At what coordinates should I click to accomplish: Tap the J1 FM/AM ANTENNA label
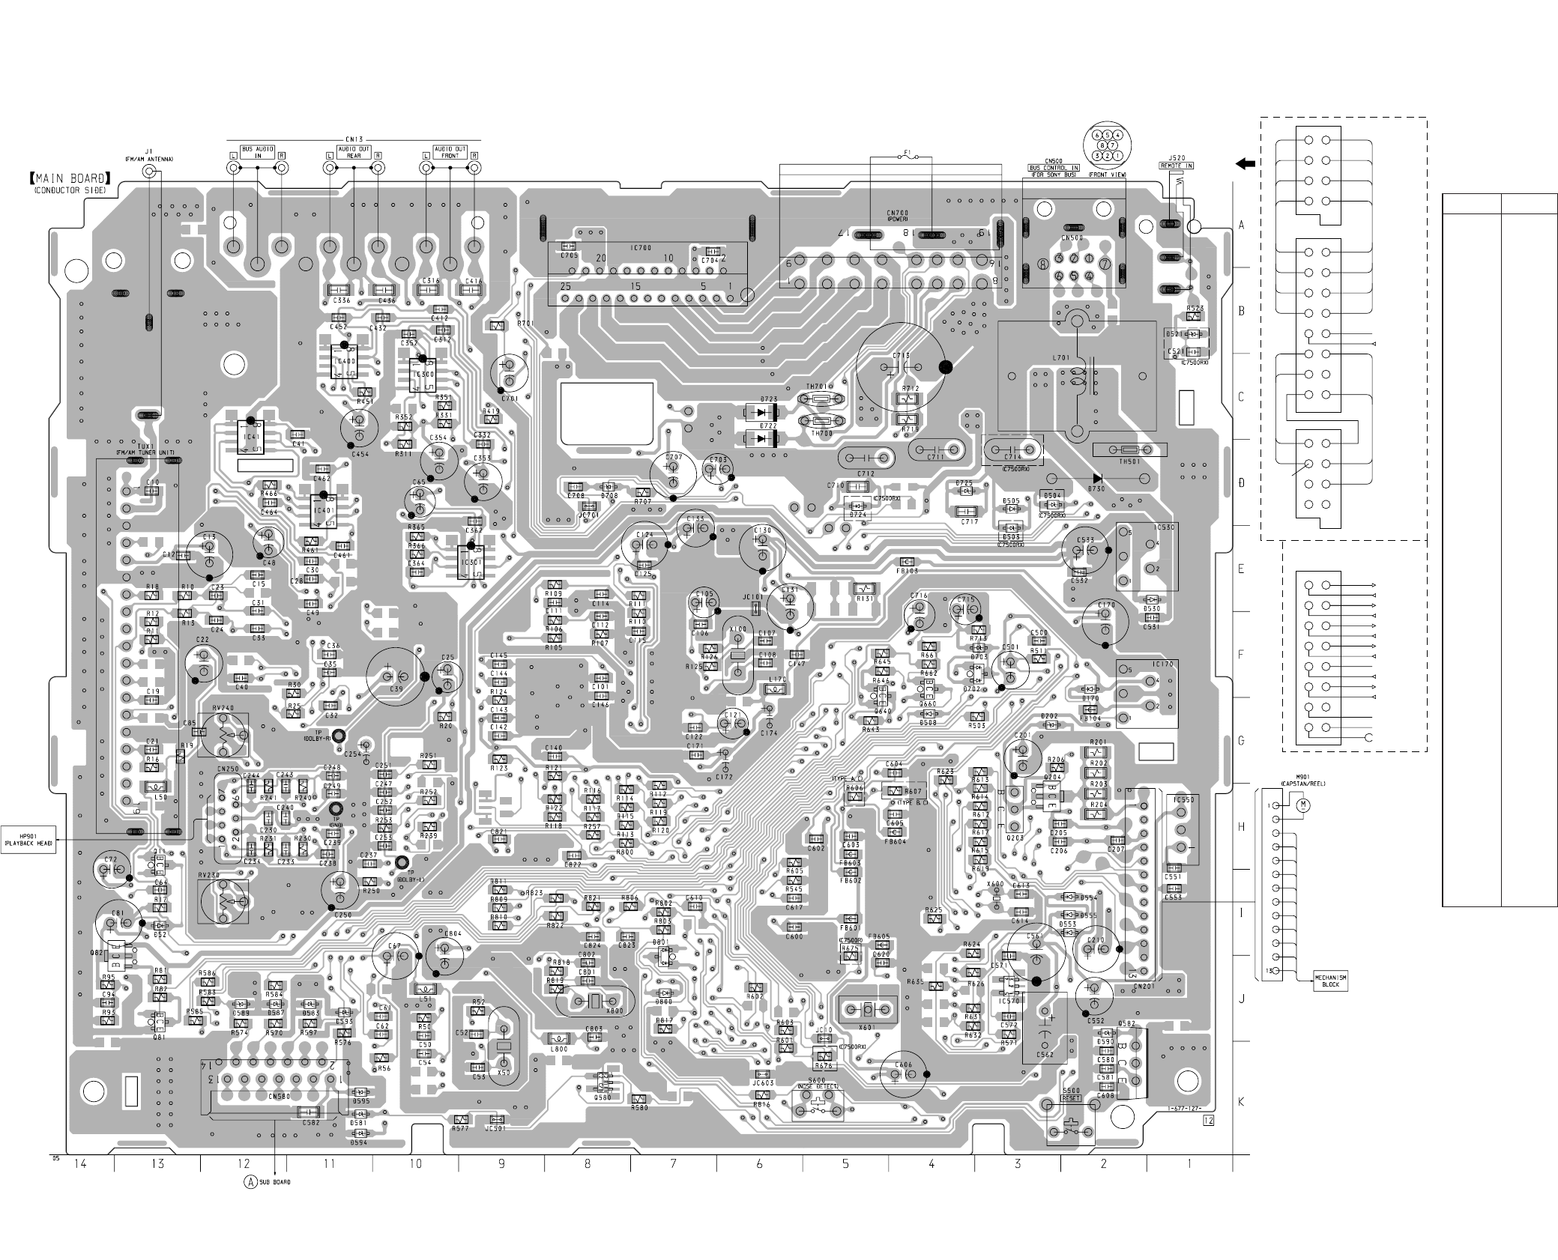tap(149, 155)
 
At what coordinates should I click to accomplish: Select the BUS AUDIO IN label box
tap(257, 152)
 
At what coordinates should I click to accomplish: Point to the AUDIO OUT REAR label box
tap(353, 152)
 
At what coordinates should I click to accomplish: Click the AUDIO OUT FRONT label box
tap(450, 152)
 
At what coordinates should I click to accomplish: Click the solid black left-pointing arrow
tap(1245, 163)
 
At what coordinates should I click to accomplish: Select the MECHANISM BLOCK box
tap(1330, 981)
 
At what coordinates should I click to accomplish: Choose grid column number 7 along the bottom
tap(673, 1163)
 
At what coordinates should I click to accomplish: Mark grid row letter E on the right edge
tap(1241, 569)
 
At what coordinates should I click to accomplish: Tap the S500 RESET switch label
tap(1072, 1094)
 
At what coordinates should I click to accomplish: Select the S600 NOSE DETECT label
tap(817, 1083)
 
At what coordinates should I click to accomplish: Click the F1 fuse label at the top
tap(908, 153)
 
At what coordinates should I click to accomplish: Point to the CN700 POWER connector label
tap(898, 216)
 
